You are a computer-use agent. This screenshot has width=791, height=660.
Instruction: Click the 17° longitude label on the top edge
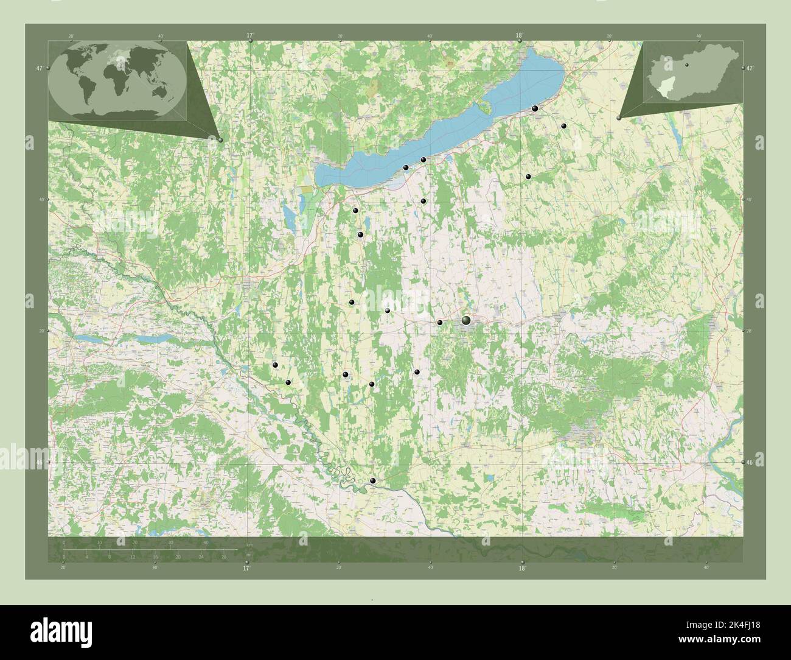point(250,36)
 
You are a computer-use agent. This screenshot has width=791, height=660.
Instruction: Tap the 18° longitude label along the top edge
point(519,36)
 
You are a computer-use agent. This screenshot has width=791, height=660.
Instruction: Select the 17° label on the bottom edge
point(246,568)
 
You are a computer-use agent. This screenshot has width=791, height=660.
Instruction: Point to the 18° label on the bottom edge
point(521,568)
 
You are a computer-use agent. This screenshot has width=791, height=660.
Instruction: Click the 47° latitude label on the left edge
point(39,69)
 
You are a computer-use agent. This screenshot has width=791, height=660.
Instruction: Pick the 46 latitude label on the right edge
point(750,463)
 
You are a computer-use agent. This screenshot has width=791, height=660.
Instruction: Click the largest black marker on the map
point(466,320)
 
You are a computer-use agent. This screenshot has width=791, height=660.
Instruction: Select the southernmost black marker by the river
point(373,481)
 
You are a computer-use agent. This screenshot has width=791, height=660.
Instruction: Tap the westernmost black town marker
point(275,365)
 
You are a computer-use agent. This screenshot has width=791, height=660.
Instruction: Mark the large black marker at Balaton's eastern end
point(535,108)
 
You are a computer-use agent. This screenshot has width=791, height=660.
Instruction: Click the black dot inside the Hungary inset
point(685,63)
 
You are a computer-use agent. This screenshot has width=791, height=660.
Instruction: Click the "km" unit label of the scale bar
point(249,544)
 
